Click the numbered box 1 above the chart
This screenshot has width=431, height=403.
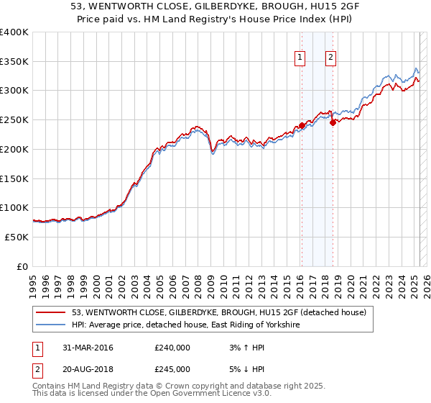(299, 59)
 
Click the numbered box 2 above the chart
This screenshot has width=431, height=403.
(330, 59)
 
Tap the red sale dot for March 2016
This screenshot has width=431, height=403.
(302, 126)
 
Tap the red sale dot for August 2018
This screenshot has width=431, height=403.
(333, 123)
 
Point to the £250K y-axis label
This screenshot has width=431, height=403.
(14, 120)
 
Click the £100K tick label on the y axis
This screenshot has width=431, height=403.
(14, 208)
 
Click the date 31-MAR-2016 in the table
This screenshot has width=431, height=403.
(83, 348)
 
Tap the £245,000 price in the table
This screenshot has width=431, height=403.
(172, 369)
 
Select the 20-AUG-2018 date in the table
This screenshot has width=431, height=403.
(83, 369)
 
